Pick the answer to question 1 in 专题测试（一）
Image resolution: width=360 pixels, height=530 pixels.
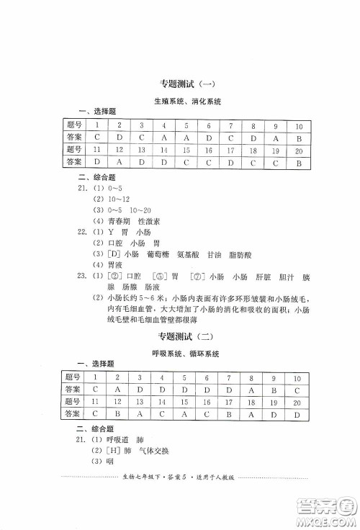pos(96,137)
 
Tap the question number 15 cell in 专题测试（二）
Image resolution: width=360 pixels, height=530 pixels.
pos(185,401)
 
